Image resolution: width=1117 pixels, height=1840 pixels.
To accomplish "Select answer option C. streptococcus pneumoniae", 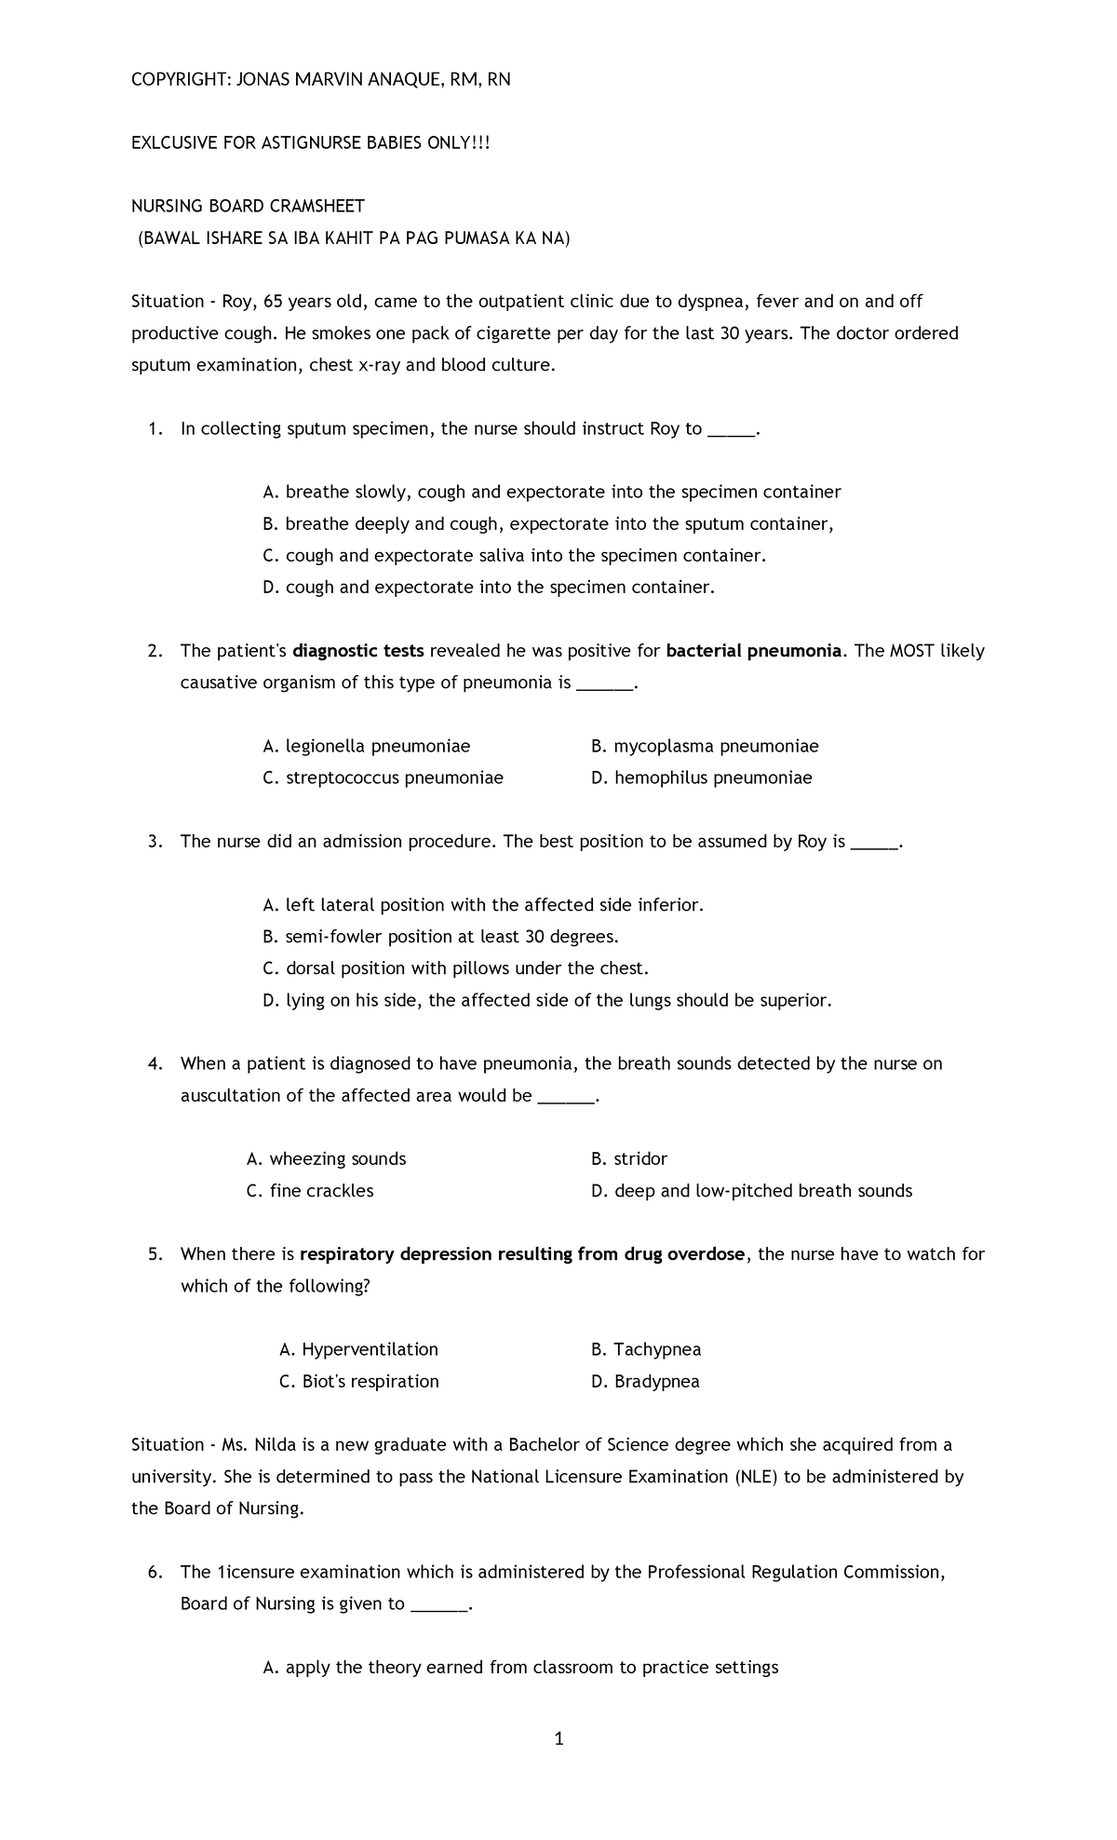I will [x=383, y=778].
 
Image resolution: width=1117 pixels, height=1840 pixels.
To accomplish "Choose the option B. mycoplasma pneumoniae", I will [x=705, y=746].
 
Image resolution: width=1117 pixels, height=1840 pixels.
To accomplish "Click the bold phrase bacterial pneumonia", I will [x=754, y=651].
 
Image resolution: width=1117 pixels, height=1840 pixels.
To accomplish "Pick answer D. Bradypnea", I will [x=645, y=1381].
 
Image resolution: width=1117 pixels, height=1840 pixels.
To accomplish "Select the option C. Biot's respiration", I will [x=358, y=1381].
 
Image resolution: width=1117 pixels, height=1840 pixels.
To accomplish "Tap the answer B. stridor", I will [x=629, y=1159].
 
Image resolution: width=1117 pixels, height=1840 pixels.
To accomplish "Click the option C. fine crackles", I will [x=310, y=1191].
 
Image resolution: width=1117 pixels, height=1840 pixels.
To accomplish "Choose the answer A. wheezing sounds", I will [x=326, y=1159].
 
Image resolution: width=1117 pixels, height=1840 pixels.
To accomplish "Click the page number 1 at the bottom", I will [x=558, y=1739].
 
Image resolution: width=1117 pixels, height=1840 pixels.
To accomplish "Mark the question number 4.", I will [x=155, y=1063].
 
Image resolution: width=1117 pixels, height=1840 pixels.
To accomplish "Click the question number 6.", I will [x=155, y=1572].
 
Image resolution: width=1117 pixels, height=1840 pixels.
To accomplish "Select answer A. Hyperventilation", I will [x=358, y=1349].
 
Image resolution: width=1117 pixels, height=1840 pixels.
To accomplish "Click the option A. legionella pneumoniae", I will [x=367, y=746].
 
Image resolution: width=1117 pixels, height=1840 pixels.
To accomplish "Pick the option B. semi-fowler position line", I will [x=441, y=937].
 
